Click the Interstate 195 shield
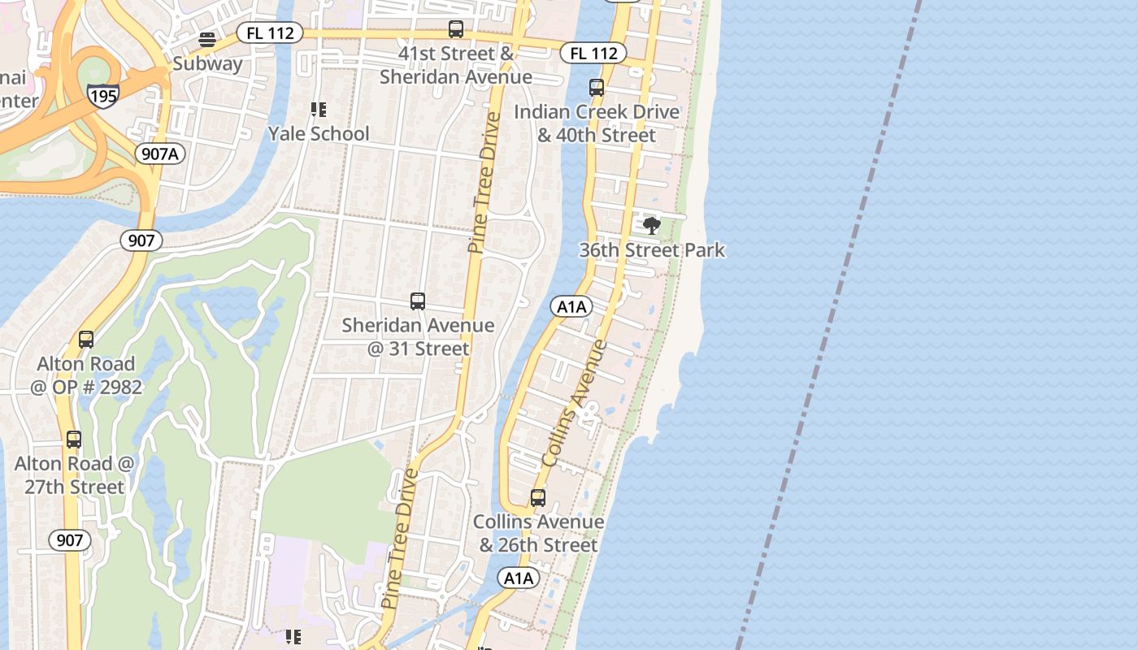coord(104,95)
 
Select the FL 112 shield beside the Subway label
coord(270,33)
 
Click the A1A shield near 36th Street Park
coord(571,306)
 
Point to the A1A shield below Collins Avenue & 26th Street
coord(518,578)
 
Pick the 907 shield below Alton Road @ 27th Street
coord(70,539)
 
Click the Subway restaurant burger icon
coord(207,40)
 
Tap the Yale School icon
coord(318,109)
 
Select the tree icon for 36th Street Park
coord(651,225)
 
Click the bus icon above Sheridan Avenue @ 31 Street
coord(418,301)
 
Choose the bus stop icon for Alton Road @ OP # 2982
coord(86,340)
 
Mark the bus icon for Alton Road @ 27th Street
coord(74,440)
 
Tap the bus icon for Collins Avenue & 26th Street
coord(538,498)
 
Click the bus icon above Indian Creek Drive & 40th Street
coord(597,88)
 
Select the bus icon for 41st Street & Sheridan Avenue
coord(456,29)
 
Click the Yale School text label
coord(319,133)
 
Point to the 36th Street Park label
coord(652,249)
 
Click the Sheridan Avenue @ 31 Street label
coord(418,336)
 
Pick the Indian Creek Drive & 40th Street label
coord(597,123)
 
